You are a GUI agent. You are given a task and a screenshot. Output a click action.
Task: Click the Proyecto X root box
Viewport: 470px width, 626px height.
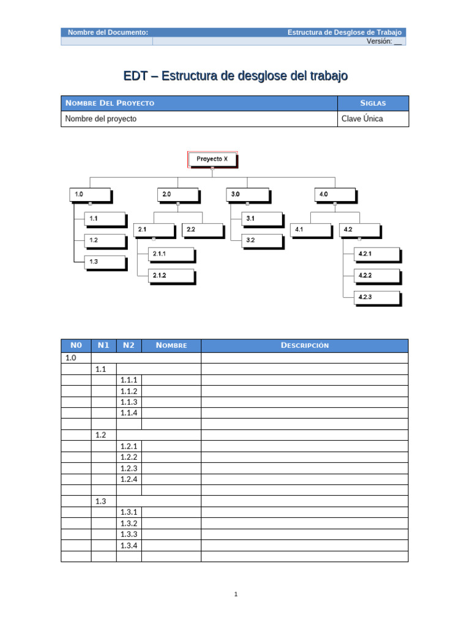[x=212, y=159]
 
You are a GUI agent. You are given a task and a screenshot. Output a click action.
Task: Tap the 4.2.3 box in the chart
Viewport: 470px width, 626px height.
[x=378, y=297]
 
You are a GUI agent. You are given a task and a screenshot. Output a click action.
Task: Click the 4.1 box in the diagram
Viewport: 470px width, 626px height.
[x=311, y=230]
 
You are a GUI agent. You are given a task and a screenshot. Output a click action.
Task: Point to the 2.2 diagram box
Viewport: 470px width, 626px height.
[x=203, y=230]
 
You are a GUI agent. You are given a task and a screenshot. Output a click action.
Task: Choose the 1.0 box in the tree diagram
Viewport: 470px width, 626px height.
[x=90, y=195]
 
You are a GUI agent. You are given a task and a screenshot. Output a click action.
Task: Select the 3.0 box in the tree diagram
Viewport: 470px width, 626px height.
[x=247, y=195]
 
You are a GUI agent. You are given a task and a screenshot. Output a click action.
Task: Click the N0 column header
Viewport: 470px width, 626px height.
[x=76, y=345]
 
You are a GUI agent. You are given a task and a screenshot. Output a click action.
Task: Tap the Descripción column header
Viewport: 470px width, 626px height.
[x=305, y=345]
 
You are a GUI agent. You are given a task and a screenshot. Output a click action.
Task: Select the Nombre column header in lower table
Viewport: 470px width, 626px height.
[x=171, y=345]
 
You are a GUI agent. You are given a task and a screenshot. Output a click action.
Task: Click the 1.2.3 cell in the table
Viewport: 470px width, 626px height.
[x=129, y=468]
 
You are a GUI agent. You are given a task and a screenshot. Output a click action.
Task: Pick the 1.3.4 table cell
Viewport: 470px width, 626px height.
[x=129, y=545]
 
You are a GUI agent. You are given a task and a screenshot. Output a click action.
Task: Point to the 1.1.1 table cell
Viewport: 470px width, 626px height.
[x=129, y=380]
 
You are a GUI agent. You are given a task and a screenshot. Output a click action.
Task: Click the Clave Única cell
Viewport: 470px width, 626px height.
[x=362, y=119]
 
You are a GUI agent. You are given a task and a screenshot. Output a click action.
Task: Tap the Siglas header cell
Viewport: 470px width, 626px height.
[x=373, y=103]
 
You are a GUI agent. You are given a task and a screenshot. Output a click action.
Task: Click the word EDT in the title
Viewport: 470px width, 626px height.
[x=134, y=76]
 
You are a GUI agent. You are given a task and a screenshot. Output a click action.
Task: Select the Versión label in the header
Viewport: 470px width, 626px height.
[x=379, y=41]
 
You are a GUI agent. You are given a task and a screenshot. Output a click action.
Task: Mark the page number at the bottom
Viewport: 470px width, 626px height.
[x=235, y=594]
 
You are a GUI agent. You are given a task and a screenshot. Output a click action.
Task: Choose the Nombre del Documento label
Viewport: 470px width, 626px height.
[x=108, y=32]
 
